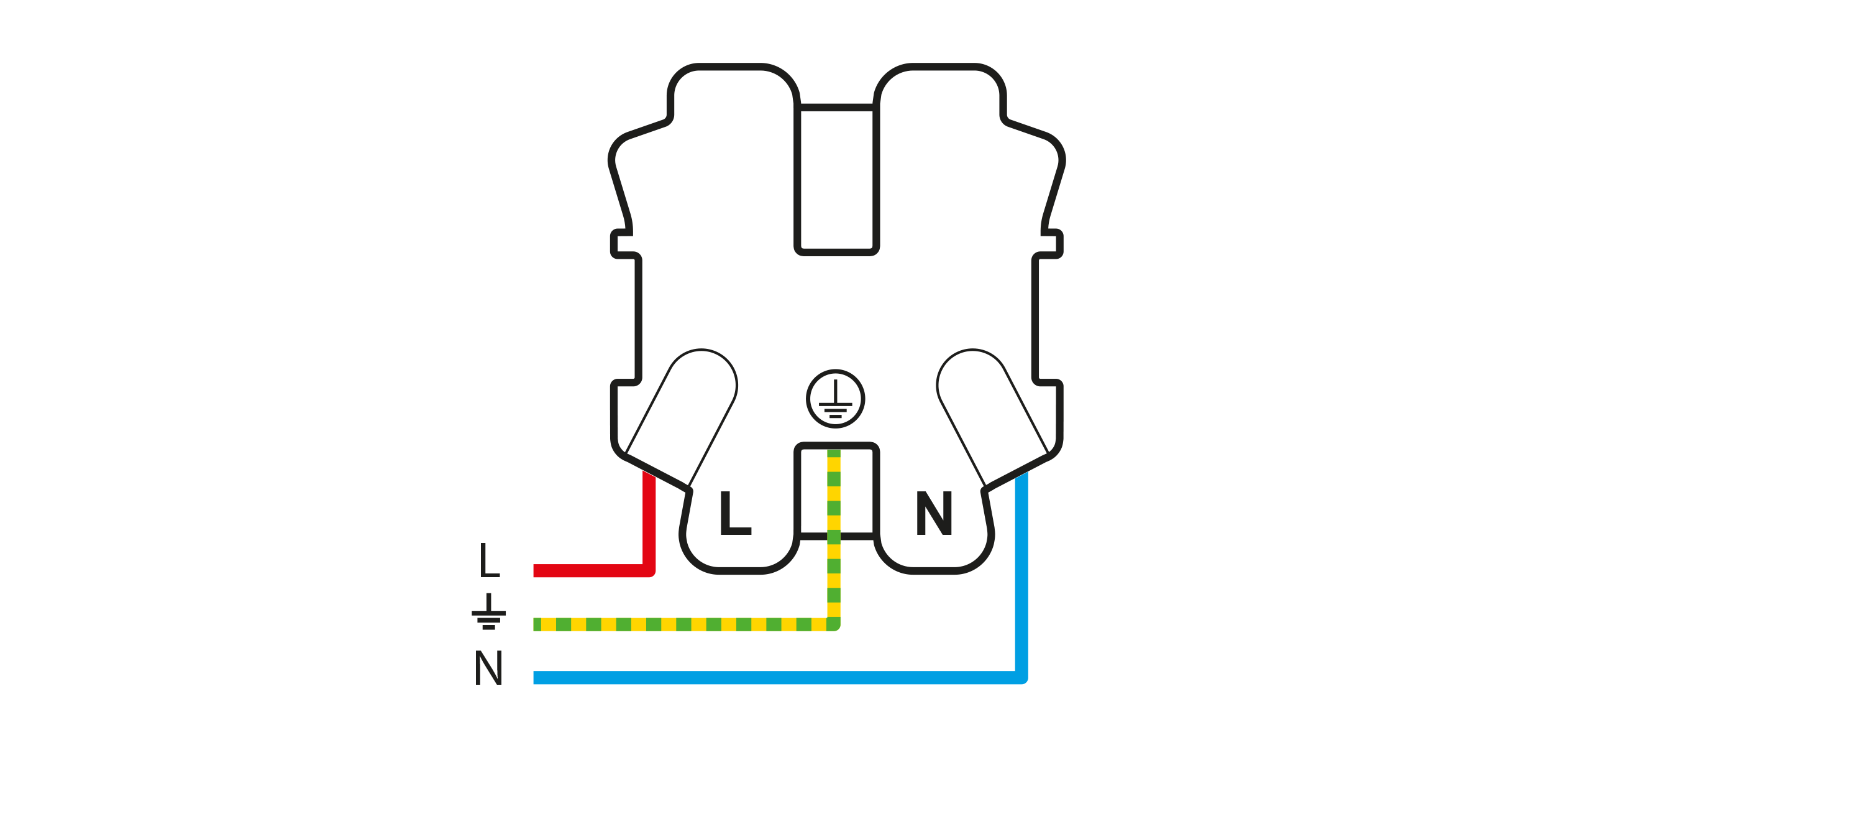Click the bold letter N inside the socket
pyautogui.click(x=934, y=512)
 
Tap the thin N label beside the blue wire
pyautogui.click(x=488, y=667)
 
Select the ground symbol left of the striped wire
pyautogui.click(x=488, y=611)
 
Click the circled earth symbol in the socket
pyautogui.click(x=836, y=399)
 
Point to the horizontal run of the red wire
pyautogui.click(x=592, y=570)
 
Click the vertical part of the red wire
pyautogui.click(x=649, y=521)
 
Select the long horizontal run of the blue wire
pyautogui.click(x=778, y=678)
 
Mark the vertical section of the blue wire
pyautogui.click(x=1021, y=576)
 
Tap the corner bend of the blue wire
pyautogui.click(x=1021, y=678)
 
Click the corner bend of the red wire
pyautogui.click(x=649, y=570)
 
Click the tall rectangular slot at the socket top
pyautogui.click(x=836, y=180)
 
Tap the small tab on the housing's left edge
pyautogui.click(x=621, y=244)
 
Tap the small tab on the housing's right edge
pyautogui.click(x=1052, y=244)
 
